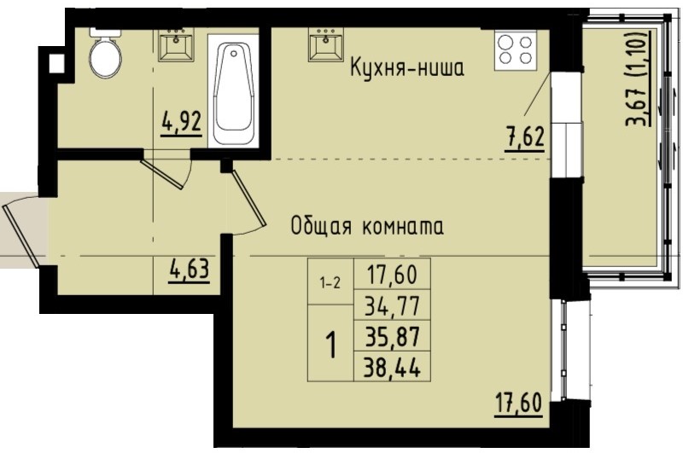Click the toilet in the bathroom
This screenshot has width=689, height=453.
106,55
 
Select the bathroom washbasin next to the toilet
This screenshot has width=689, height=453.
177,46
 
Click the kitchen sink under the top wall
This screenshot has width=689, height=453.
326,46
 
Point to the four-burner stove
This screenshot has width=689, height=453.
516,49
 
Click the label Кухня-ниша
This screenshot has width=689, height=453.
406,69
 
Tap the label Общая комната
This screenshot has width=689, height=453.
366,227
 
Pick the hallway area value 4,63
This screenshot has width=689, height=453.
188,274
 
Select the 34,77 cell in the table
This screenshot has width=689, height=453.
396,304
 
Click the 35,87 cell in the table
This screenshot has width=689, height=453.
396,335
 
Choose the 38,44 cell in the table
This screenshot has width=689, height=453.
396,367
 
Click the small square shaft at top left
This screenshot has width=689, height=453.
56,62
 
